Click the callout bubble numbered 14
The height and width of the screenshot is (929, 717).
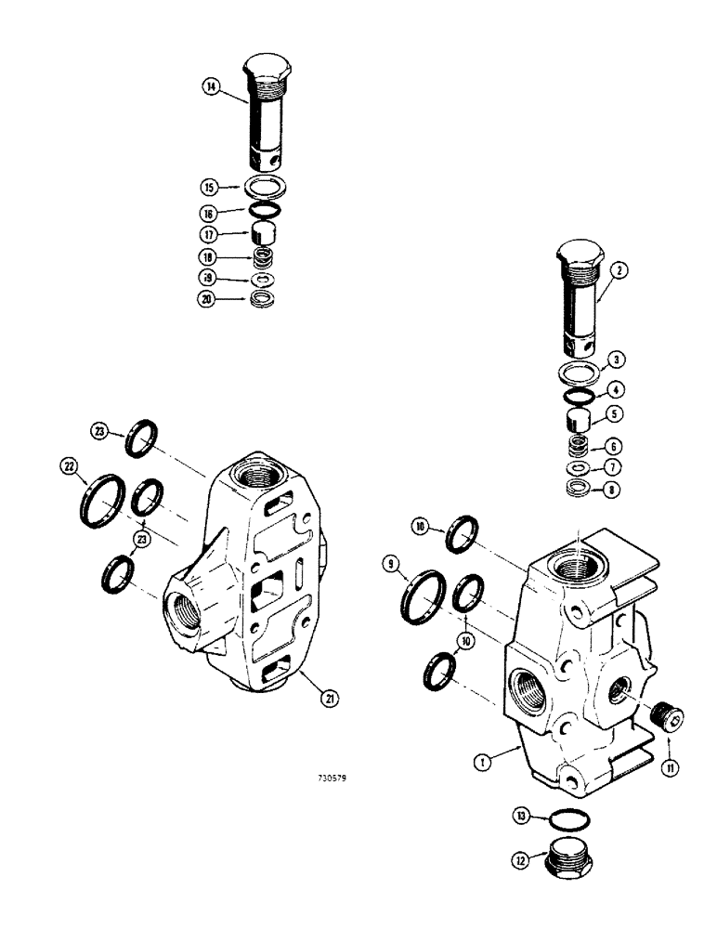tap(212, 87)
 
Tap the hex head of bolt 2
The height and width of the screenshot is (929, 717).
tap(580, 256)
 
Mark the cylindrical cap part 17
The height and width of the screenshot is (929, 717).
tap(267, 232)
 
